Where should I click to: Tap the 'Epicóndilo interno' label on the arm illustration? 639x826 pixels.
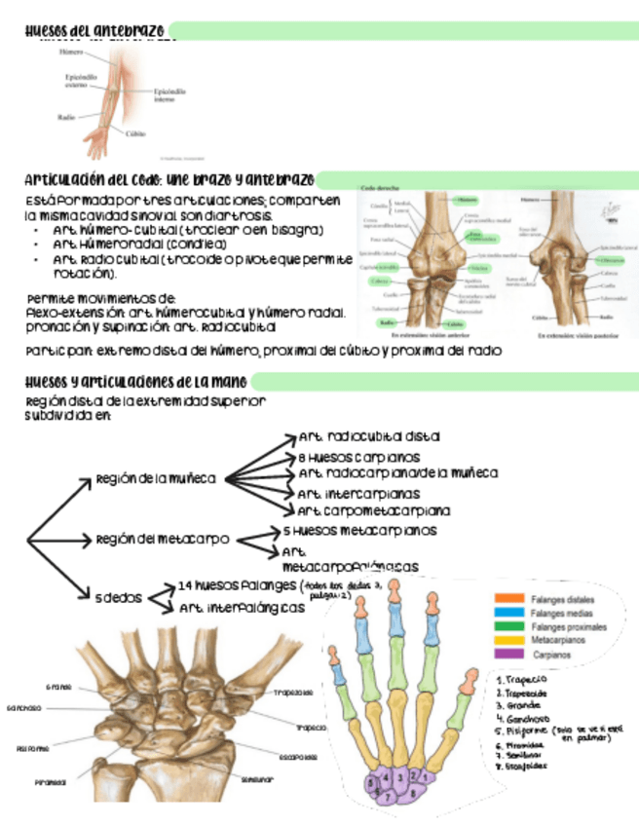pos(172,94)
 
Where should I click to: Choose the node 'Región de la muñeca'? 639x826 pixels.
pos(155,478)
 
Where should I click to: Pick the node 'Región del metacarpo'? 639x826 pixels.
pos(162,538)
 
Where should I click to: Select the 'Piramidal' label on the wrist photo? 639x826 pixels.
pos(50,781)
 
